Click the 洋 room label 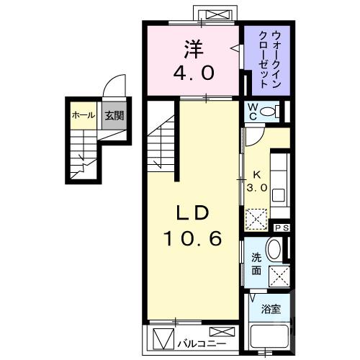pyautogui.click(x=193, y=49)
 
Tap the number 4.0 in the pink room pyautogui.click(x=193, y=73)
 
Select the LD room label pyautogui.click(x=194, y=213)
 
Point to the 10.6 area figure pyautogui.click(x=194, y=239)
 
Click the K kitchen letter pyautogui.click(x=257, y=174)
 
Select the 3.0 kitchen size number pyautogui.click(x=258, y=186)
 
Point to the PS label pyautogui.click(x=282, y=228)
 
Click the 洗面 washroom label pyautogui.click(x=256, y=264)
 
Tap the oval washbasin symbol pyautogui.click(x=274, y=251)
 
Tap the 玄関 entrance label pyautogui.click(x=112, y=115)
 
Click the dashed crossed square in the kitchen pyautogui.click(x=256, y=218)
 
